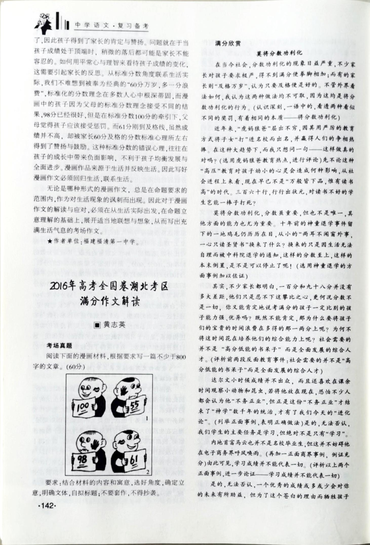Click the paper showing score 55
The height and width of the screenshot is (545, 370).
tap(134, 407)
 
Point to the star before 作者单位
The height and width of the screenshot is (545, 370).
tap(50, 242)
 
